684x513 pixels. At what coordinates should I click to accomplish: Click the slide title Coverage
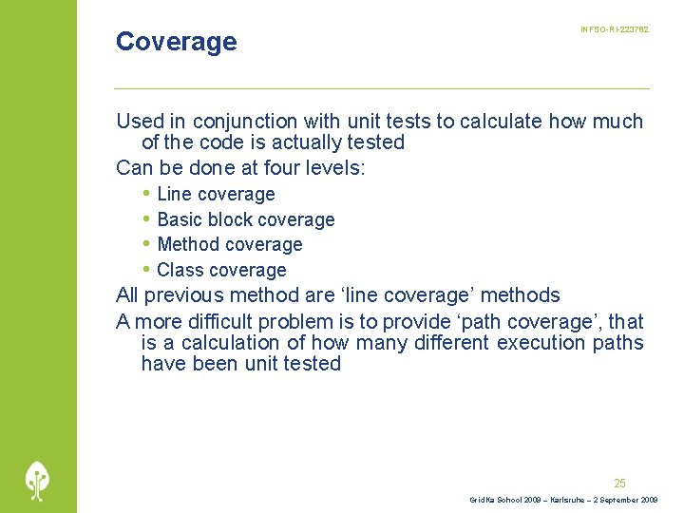(x=176, y=42)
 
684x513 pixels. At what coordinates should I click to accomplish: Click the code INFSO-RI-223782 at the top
(x=615, y=30)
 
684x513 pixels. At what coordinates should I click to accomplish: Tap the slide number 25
(x=619, y=483)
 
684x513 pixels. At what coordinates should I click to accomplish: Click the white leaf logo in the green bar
(x=38, y=481)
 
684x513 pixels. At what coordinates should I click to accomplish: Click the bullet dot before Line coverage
(x=145, y=194)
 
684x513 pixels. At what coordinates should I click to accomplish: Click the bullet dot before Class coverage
(x=145, y=270)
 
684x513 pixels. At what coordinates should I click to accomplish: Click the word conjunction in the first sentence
(x=245, y=122)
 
